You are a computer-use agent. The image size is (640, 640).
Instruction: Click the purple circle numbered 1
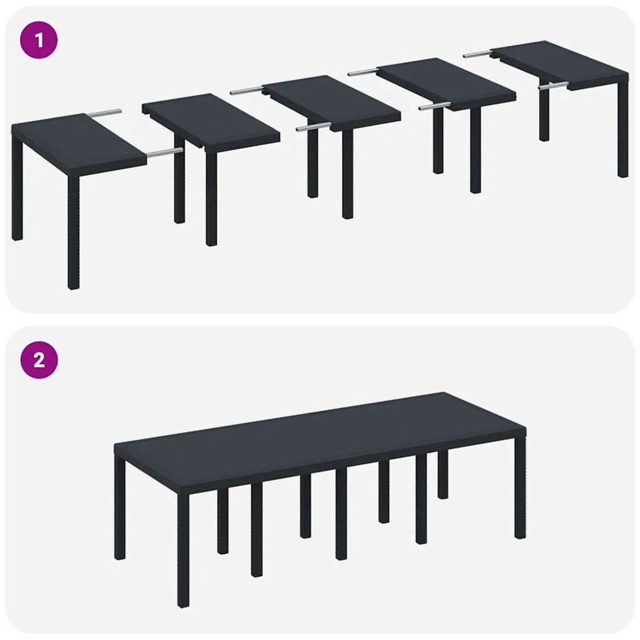click(x=39, y=41)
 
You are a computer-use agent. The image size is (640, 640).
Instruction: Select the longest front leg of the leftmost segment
click(x=73, y=232)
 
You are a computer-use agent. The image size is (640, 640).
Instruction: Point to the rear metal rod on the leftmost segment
click(x=104, y=113)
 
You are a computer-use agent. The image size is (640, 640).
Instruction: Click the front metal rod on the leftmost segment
click(x=165, y=151)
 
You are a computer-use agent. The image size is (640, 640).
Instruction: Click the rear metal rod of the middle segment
click(x=247, y=91)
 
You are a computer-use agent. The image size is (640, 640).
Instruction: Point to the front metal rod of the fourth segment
click(x=434, y=107)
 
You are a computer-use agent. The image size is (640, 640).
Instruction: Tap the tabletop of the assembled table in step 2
click(x=320, y=439)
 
